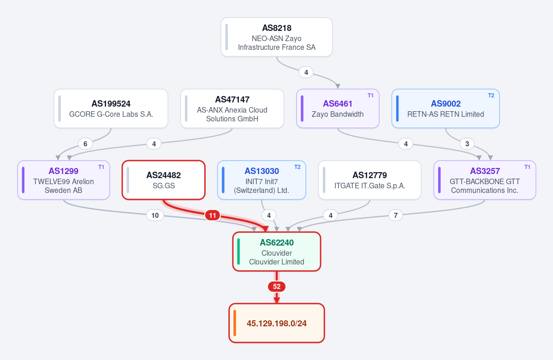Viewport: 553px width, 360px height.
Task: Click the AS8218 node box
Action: coord(277,37)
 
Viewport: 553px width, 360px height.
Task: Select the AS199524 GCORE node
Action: coord(111,109)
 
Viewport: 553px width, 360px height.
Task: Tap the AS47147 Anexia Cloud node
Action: coord(232,109)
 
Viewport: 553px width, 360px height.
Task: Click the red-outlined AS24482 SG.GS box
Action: coord(164,180)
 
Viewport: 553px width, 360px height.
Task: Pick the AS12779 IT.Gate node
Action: coord(369,180)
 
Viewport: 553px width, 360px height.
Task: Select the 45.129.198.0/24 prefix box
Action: coord(277,323)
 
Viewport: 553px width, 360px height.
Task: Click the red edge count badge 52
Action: coord(277,287)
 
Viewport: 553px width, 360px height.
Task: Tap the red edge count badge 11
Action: coord(212,215)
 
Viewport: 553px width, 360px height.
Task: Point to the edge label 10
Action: coord(155,215)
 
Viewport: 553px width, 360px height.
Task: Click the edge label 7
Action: coord(396,215)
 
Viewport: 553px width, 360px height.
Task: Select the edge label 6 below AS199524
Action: coord(85,144)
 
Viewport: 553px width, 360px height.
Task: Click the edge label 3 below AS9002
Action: coord(467,144)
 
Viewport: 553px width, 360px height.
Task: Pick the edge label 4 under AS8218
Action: coord(306,72)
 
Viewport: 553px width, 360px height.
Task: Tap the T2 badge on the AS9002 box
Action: coord(491,96)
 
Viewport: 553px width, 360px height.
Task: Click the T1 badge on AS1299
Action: coord(101,167)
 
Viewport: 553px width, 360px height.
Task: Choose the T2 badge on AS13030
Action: coord(297,167)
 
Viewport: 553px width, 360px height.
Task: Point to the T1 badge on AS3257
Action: coord(527,167)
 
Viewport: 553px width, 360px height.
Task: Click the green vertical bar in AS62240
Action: coord(239,252)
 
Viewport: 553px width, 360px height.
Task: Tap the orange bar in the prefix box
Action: coord(235,323)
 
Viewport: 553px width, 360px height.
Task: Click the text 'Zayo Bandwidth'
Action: coord(338,114)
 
